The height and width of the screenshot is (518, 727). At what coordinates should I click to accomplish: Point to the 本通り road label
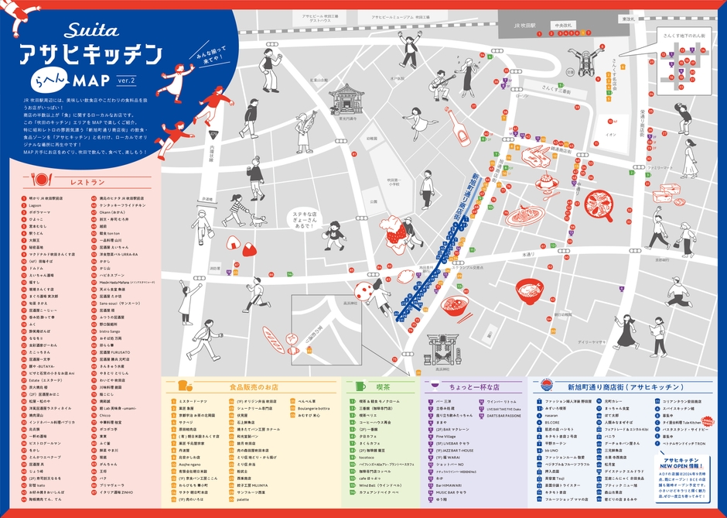[528, 253]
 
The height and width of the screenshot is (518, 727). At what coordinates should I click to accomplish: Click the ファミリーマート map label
[660, 168]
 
